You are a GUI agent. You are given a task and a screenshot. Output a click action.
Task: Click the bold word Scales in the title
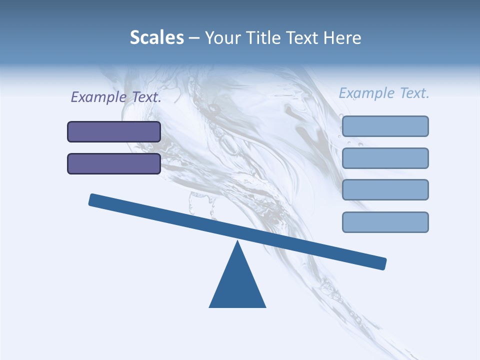pos(157,37)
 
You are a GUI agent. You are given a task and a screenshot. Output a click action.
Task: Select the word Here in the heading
pos(343,38)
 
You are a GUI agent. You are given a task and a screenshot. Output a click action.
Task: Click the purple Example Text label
pos(116,97)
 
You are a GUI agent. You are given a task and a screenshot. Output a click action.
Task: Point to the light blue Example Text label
pos(384,93)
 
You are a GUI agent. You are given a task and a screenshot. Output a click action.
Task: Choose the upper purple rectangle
pos(114,131)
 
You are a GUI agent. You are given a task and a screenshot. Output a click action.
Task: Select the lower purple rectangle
pos(114,163)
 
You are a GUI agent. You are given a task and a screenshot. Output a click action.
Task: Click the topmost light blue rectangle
pos(385,126)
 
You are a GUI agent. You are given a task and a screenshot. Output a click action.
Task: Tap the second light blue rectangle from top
pos(385,158)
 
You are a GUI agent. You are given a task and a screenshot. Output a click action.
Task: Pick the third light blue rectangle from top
pos(385,189)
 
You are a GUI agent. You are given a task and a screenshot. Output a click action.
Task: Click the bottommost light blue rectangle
pos(385,222)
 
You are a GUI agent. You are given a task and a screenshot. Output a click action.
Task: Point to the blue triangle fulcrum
pos(237,282)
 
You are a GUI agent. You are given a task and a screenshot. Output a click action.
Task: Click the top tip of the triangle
pos(237,242)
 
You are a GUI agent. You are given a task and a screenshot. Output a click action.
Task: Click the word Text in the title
pos(304,38)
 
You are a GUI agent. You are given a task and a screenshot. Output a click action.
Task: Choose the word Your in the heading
pos(222,38)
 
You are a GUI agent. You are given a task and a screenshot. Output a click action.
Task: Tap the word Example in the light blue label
pos(366,93)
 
